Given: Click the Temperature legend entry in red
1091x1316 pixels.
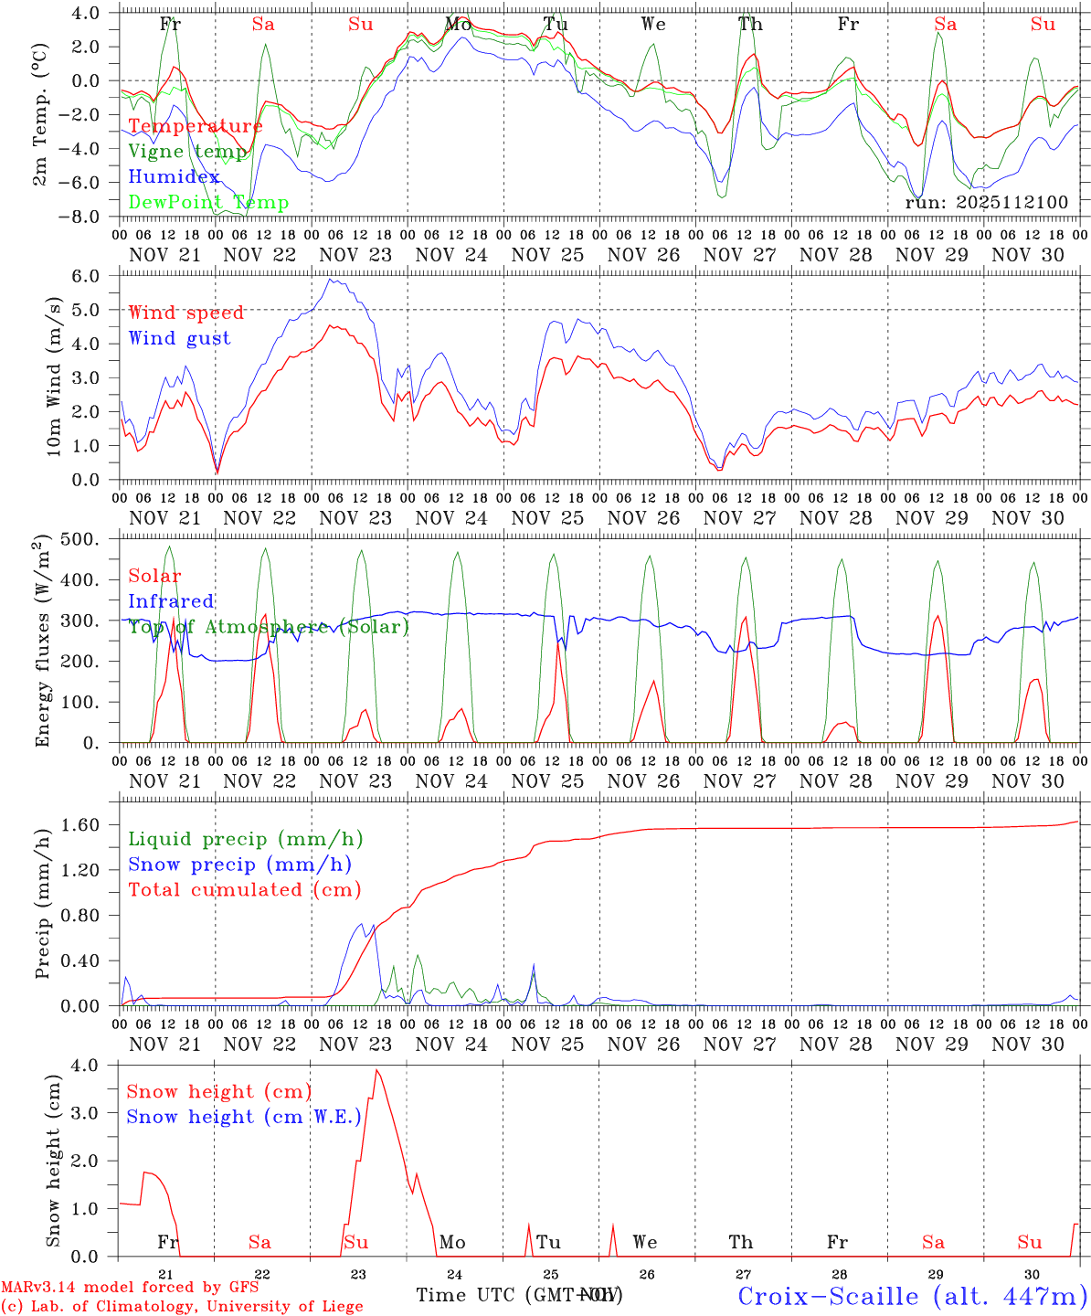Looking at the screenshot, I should coord(195,126).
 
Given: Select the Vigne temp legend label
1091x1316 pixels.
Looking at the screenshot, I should coord(187,152).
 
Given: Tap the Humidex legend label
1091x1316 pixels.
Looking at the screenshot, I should coord(174,177).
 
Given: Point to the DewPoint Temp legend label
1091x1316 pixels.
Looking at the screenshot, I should coord(208,202).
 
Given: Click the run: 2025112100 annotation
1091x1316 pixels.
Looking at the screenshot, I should coord(986,203).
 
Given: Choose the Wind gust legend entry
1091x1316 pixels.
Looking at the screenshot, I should coord(179,338).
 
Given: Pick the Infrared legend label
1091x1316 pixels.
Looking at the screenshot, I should coord(171,601).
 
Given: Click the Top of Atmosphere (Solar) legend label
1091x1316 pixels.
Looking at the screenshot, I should coord(269,627).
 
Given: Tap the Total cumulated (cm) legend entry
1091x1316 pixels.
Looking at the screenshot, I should coord(244,889).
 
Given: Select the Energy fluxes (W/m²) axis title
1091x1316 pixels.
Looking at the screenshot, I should coord(43,642).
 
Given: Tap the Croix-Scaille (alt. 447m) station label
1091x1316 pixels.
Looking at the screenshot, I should coord(911,1296).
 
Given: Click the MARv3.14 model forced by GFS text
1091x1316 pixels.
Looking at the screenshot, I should coord(130,1288).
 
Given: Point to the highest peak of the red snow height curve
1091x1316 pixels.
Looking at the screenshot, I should coord(376,1070).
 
